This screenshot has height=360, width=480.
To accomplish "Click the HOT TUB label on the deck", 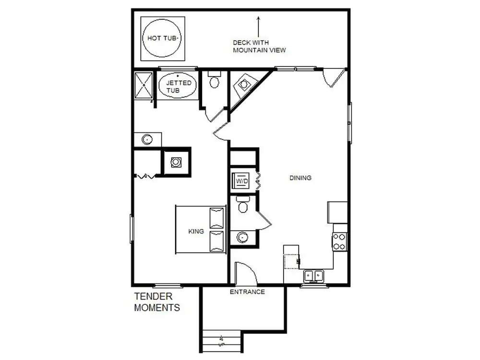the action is click(162, 38).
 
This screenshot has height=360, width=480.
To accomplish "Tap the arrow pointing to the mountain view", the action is click(259, 26).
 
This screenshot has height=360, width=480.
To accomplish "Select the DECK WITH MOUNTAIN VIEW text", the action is click(259, 46).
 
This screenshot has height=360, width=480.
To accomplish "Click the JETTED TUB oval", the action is click(177, 85).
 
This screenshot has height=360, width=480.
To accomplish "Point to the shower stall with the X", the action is click(144, 85).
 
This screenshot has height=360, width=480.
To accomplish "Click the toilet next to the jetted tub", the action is click(214, 79).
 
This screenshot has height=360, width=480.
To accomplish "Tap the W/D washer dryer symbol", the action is click(241, 181).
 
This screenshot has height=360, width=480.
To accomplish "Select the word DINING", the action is click(300, 178).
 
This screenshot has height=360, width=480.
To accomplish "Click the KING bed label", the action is click(196, 231).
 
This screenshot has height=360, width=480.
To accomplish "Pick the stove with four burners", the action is click(339, 242).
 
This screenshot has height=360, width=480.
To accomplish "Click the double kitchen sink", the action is click(314, 276).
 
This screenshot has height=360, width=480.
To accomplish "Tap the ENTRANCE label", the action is click(247, 292).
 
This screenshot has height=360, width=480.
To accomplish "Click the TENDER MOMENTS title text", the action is click(157, 302).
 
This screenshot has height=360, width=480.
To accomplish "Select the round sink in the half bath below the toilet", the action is click(242, 237).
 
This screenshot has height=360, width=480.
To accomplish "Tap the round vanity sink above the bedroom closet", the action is click(147, 140).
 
